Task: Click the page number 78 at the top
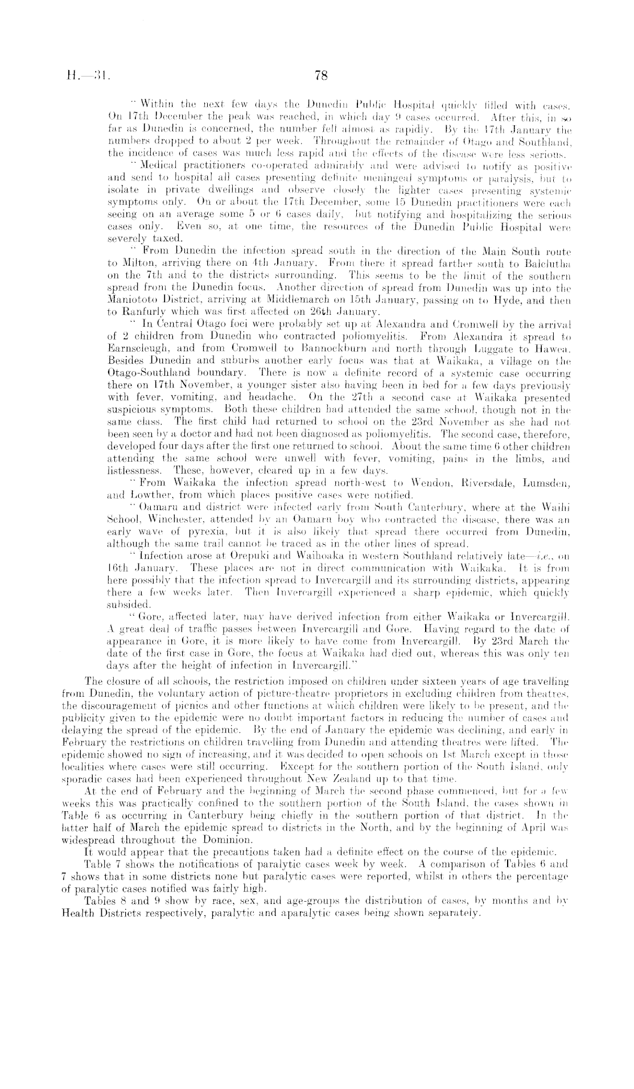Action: click(318, 73)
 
